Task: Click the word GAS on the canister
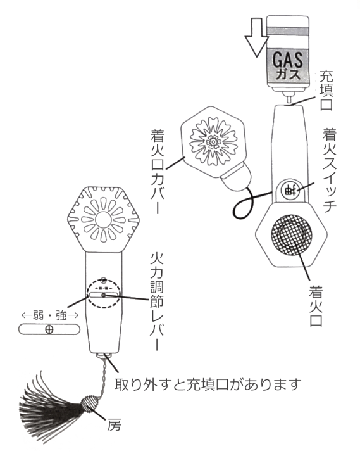[287, 60]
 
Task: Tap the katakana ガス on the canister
[288, 74]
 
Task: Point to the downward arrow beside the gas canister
[257, 37]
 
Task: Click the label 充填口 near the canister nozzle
[326, 91]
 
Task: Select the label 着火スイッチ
[329, 170]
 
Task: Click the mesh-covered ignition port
[292, 235]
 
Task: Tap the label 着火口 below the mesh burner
[316, 306]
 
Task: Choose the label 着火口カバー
[158, 172]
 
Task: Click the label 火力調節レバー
[157, 301]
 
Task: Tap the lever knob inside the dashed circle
[103, 296]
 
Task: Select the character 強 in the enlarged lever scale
[61, 315]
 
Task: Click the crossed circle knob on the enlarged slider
[49, 329]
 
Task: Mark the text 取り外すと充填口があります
[208, 384]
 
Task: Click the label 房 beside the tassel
[114, 425]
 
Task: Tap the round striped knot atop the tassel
[87, 403]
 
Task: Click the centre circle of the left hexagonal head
[103, 219]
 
